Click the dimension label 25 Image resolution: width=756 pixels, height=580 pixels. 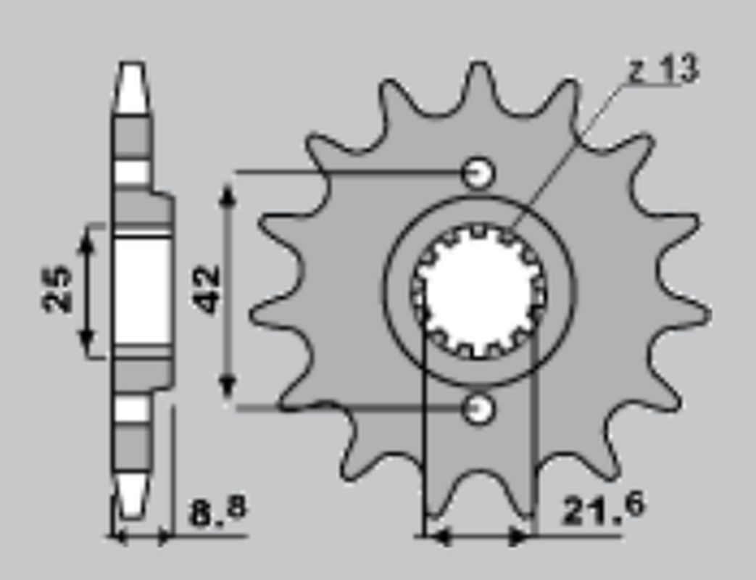pos(58,290)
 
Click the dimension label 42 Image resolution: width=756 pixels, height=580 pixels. pos(208,289)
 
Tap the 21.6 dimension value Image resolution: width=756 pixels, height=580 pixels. pos(602,510)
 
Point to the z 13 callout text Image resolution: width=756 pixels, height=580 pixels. pos(662,70)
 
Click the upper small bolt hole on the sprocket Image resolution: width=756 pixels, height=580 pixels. pos(478,173)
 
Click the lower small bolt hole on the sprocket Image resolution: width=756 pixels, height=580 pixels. pos(478,409)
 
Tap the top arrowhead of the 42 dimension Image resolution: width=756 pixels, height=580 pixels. pos(228,195)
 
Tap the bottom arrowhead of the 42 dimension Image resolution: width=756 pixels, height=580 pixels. pos(228,387)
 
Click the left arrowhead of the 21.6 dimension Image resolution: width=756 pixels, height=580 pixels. pos(439,537)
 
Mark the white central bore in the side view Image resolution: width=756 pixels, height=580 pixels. pos(141,290)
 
